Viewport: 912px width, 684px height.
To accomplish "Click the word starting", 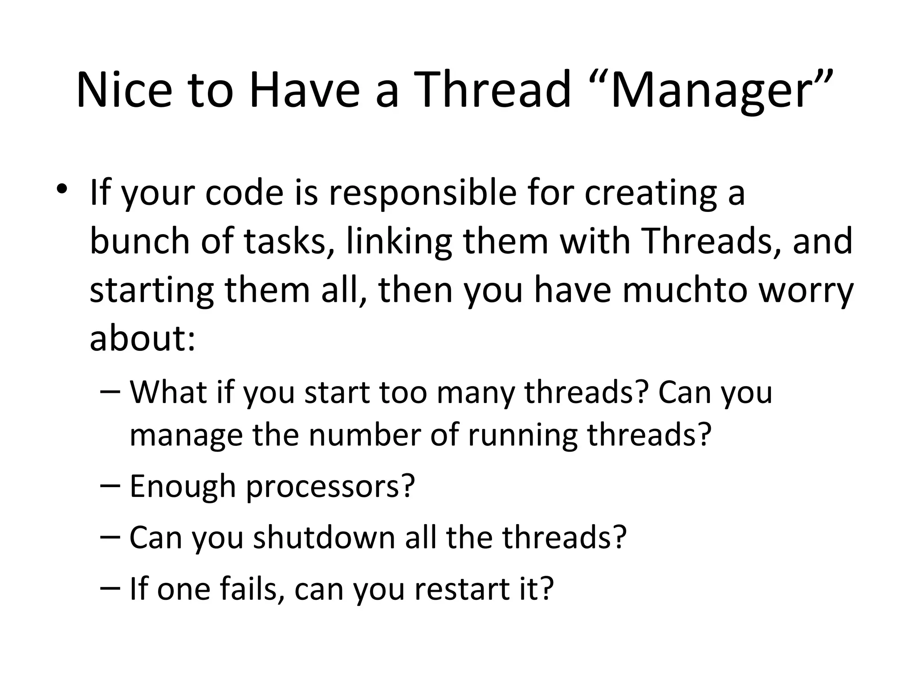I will click(x=152, y=290).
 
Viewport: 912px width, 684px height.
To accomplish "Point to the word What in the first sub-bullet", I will click(x=169, y=392).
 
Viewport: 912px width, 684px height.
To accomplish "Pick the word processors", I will click(x=330, y=486).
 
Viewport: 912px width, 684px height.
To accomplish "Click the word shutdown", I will click(x=324, y=537).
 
